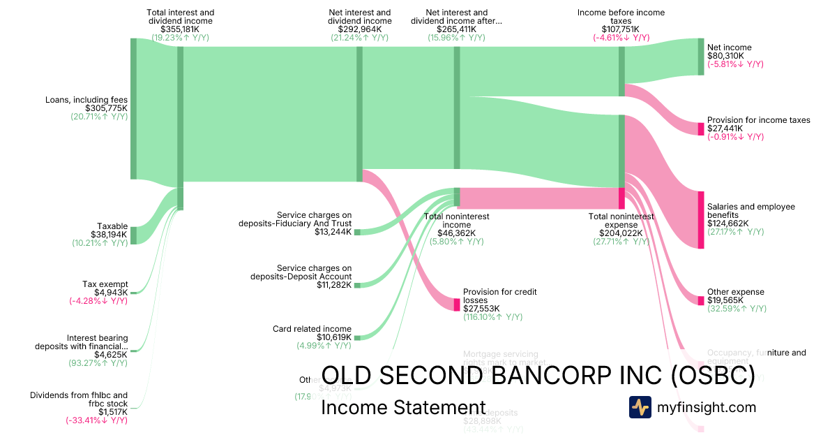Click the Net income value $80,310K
(725, 56)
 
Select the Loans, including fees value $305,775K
(106, 108)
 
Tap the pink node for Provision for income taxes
(701, 129)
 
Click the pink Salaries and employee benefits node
(701, 219)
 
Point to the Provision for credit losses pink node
(457, 305)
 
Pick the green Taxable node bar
(133, 235)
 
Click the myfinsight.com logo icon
(640, 407)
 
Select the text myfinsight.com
(706, 407)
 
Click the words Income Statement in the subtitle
(403, 408)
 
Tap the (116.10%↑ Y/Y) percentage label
(492, 317)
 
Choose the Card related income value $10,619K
(333, 337)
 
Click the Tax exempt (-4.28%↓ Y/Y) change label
(98, 301)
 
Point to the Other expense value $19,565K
(725, 300)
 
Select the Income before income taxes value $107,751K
(621, 29)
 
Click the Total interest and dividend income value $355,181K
(181, 29)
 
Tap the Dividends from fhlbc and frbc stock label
(79, 399)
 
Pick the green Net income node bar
(701, 57)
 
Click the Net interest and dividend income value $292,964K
(360, 29)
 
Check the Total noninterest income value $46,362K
(457, 233)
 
